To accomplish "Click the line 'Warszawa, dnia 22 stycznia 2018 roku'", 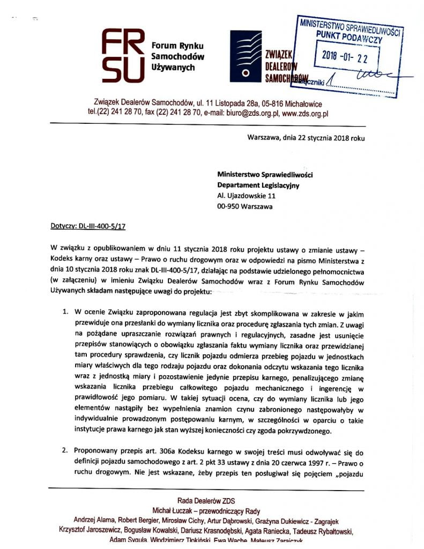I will (306, 137).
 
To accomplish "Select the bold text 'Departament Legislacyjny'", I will (258, 185).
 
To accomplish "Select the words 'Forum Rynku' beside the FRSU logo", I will (174, 46).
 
